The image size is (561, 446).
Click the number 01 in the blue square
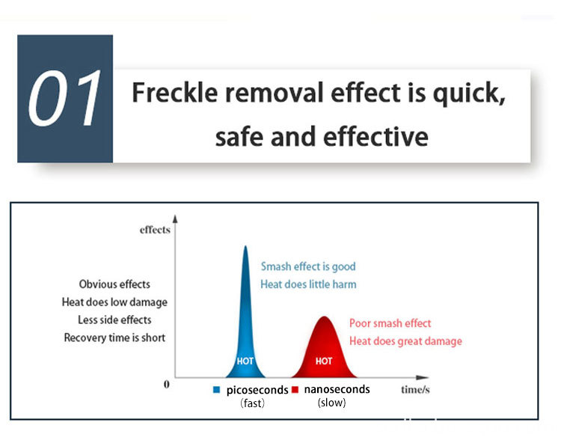[x=64, y=98]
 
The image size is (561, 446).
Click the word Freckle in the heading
[x=175, y=93]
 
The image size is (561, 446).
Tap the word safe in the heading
[x=239, y=137]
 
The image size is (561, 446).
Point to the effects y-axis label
[x=155, y=230]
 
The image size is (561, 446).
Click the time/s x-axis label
[x=415, y=389]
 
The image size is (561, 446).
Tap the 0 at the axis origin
[x=166, y=385]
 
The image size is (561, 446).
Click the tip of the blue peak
[x=245, y=246]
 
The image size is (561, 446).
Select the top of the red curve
[x=324, y=317]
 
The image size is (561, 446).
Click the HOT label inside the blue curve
[x=245, y=361]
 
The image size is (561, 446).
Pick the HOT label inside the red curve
[x=324, y=361]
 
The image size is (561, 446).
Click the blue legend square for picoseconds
[x=216, y=390]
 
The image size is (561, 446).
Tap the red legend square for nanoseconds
[x=295, y=389]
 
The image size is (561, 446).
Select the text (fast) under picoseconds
[x=252, y=403]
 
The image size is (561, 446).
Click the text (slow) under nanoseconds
[x=331, y=403]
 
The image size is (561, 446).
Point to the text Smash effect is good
[x=308, y=266]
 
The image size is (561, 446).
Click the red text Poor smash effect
[x=390, y=323]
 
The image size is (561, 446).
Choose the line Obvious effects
[x=114, y=284]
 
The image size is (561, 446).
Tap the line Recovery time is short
[x=114, y=337]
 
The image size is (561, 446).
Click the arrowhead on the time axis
[x=423, y=378]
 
